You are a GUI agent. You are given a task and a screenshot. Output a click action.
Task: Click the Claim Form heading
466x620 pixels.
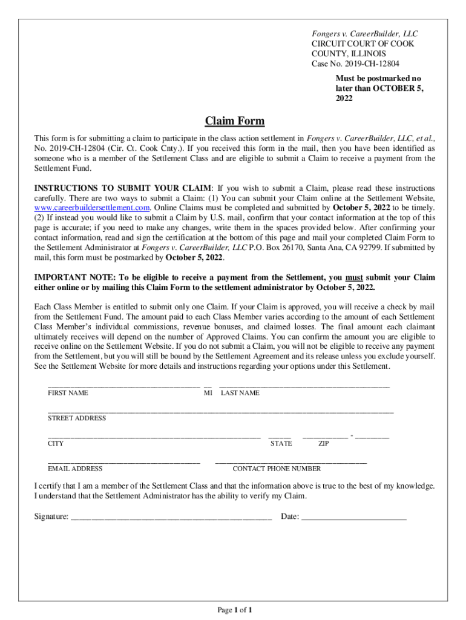point(234,121)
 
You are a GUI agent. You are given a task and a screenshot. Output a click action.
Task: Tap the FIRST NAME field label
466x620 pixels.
point(68,393)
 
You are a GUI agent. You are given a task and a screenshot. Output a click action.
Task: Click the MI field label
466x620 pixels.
point(208,393)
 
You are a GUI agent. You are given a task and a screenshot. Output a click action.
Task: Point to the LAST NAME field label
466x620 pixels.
point(240,393)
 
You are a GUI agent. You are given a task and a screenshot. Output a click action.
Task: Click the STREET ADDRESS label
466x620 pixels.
point(77,418)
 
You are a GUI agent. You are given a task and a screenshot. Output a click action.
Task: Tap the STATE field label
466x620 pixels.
point(281,444)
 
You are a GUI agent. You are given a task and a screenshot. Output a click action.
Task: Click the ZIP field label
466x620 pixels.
point(324,444)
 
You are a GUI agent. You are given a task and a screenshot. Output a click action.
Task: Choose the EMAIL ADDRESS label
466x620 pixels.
point(75,469)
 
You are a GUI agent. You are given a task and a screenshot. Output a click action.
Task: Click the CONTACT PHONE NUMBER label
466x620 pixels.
point(277,469)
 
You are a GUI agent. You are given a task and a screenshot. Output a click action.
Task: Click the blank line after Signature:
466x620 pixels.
point(171,518)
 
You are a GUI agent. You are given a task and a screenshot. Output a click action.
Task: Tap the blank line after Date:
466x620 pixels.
point(353,518)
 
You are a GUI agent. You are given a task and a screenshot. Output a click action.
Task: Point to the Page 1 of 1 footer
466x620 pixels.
point(234,610)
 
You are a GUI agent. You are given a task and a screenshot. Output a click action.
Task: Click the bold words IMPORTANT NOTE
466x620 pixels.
point(68,278)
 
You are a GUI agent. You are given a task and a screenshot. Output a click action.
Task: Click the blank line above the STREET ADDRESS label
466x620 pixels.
point(220,411)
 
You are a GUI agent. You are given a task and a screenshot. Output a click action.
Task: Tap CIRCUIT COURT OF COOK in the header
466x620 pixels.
point(359,44)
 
